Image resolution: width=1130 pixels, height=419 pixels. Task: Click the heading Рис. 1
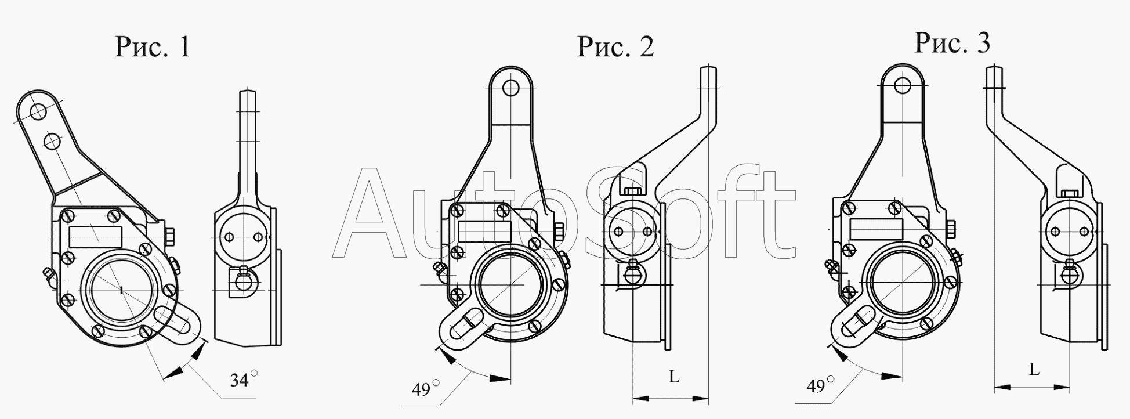153,46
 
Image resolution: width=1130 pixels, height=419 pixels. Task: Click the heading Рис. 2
615,46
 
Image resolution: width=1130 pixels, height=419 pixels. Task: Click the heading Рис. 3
952,42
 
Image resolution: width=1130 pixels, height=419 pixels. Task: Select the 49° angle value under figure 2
426,388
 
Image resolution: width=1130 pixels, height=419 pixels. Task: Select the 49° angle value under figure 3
820,385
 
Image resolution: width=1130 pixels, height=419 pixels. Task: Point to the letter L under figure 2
673,377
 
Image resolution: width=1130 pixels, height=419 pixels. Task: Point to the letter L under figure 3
1034,369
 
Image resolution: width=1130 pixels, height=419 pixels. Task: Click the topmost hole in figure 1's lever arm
38,111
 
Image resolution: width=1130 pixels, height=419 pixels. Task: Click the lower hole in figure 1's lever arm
52,140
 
